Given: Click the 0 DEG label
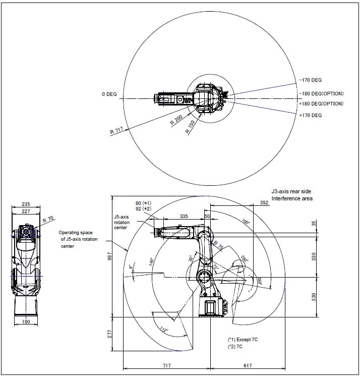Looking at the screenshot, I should click(x=109, y=94).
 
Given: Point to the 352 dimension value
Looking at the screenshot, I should click(x=264, y=203).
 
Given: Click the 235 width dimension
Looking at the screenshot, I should click(x=26, y=204).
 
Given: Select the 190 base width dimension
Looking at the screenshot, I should click(x=25, y=321).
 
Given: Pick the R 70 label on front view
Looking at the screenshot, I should click(x=48, y=221).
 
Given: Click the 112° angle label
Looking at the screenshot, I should click(x=164, y=329).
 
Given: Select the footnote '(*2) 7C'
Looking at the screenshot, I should click(x=236, y=347).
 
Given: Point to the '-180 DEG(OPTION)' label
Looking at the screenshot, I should click(x=321, y=93).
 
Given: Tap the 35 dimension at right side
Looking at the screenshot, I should click(x=314, y=223).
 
